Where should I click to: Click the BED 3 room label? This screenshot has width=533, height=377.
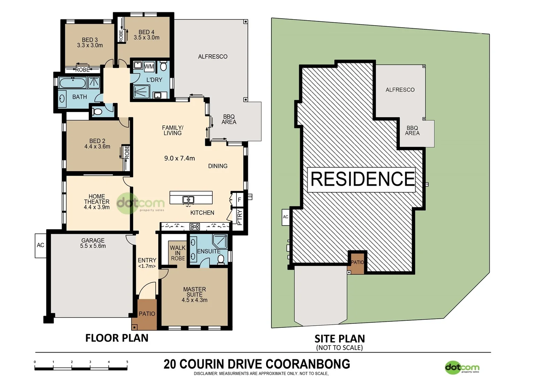point(90,40)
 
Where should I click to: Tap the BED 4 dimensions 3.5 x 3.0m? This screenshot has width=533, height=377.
point(147,38)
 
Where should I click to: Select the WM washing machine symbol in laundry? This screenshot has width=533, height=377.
point(149,66)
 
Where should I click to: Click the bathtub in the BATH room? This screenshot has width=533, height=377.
point(73,83)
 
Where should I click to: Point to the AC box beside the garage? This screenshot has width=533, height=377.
point(40,245)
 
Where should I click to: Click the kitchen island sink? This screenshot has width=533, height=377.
point(188,200)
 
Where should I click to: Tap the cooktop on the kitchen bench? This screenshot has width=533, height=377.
point(194,227)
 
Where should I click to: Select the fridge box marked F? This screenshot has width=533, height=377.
point(239,200)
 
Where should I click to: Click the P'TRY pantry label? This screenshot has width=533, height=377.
point(239,217)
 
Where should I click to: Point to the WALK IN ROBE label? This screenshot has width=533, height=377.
point(178,253)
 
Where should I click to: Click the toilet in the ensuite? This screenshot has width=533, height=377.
point(221,259)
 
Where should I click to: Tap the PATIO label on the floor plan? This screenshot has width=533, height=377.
point(147,314)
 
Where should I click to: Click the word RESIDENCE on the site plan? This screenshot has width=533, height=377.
point(362,179)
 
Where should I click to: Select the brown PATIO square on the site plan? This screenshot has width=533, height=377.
point(357,263)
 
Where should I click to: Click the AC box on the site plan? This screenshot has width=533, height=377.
point(286,217)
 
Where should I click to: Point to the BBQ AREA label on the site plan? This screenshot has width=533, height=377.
point(412,131)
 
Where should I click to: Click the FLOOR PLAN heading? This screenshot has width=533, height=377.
point(117,338)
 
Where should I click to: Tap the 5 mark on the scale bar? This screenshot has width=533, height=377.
point(127,362)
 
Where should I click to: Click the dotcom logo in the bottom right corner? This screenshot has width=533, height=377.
point(462,368)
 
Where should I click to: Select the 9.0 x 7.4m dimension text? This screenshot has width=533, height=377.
point(179,158)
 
